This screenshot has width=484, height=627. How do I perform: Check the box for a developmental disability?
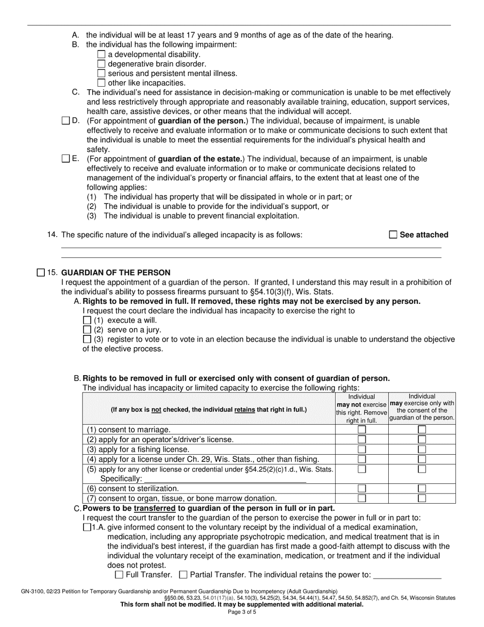pyautogui.click(x=101, y=55)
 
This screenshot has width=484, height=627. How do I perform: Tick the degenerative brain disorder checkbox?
pyautogui.click(x=101, y=64)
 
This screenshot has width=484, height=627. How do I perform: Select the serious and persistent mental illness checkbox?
pyautogui.click(x=101, y=73)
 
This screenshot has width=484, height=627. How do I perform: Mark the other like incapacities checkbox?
pyautogui.click(x=101, y=83)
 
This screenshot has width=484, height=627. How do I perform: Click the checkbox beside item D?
pyautogui.click(x=65, y=121)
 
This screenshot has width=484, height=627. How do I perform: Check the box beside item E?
pyautogui.click(x=65, y=159)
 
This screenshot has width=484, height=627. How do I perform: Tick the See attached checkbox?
pyautogui.click(x=393, y=235)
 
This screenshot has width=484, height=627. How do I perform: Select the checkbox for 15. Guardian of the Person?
pyautogui.click(x=41, y=273)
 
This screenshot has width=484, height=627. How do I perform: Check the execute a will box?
pyautogui.click(x=87, y=320)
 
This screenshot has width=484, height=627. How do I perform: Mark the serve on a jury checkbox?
pyautogui.click(x=87, y=330)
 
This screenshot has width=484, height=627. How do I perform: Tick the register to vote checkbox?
pyautogui.click(x=87, y=339)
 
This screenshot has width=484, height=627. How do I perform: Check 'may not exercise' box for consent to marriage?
pyautogui.click(x=362, y=430)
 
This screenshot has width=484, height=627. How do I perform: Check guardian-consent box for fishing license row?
pyautogui.click(x=422, y=450)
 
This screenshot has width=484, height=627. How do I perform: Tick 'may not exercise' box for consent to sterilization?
pyautogui.click(x=362, y=488)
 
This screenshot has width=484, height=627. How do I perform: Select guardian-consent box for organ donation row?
pyautogui.click(x=422, y=498)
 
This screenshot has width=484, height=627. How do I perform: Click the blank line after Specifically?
pyautogui.click(x=224, y=479)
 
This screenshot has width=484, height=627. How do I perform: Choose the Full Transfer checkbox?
pyautogui.click(x=119, y=575)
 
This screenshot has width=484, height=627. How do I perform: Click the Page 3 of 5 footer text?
pyautogui.click(x=242, y=612)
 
